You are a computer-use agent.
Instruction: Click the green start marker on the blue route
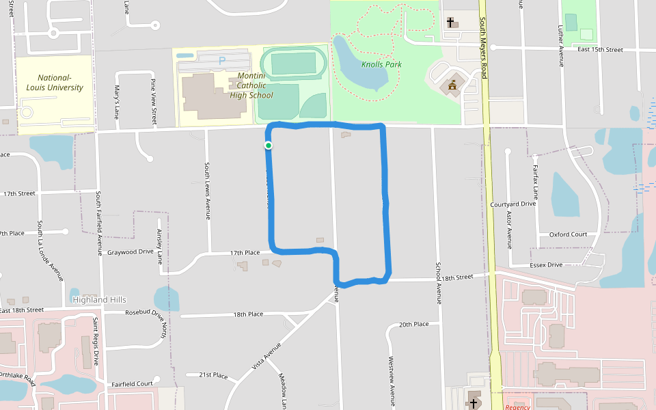269,146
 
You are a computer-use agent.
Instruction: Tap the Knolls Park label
381,64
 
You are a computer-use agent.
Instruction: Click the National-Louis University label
55,83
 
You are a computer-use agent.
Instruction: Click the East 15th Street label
600,50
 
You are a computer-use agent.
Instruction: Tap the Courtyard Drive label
513,204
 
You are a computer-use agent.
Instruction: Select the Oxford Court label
568,235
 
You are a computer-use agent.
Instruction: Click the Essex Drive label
546,264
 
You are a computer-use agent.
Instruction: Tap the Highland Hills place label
99,300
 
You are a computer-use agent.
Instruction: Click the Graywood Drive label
131,251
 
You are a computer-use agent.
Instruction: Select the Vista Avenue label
266,356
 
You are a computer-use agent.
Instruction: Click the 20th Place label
413,324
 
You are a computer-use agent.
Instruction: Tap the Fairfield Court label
133,384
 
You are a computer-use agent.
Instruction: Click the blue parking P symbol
221,61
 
